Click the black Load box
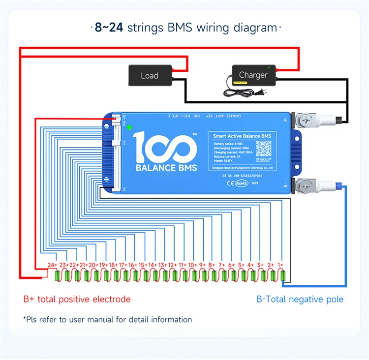(150, 75)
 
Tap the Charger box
(253, 75)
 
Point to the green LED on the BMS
(129, 127)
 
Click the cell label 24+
(53, 265)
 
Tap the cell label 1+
(281, 265)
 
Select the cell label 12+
(172, 265)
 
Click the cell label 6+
(231, 265)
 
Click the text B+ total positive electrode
(77, 299)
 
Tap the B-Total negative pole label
(300, 299)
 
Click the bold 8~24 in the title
(109, 27)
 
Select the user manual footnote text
(107, 319)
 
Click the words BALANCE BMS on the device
(166, 168)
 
